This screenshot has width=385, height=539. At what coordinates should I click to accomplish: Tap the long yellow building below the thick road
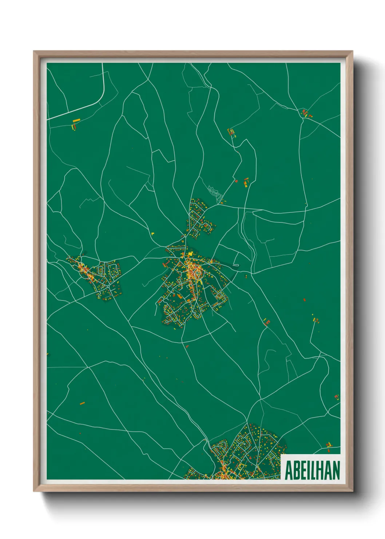pos(76,121)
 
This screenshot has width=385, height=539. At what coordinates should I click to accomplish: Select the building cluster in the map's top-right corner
pos(306,113)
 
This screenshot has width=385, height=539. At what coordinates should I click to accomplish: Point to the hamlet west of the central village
pos(98,275)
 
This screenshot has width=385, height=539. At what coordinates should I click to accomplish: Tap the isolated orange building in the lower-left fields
pos(82,403)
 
